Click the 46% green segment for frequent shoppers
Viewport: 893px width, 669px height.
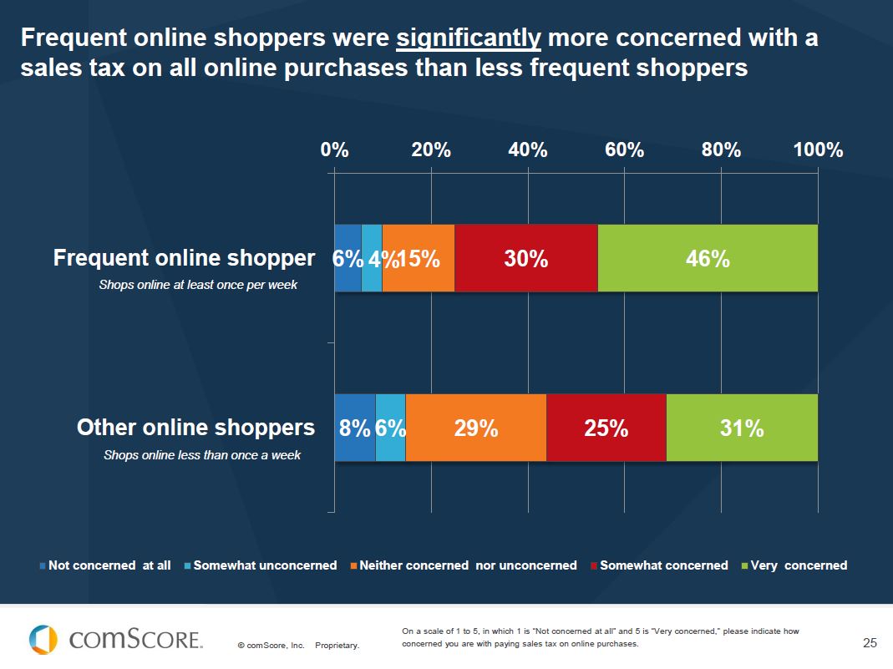click(x=708, y=259)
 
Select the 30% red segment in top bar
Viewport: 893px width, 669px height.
click(x=526, y=259)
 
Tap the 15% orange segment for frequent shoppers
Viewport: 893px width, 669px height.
click(x=419, y=259)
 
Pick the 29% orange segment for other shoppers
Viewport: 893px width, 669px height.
click(x=476, y=428)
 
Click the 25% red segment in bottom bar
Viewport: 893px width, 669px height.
click(x=606, y=428)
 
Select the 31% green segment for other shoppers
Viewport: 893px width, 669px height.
click(x=742, y=428)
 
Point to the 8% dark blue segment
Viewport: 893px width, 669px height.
click(x=354, y=428)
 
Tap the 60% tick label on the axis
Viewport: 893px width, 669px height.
click(x=624, y=150)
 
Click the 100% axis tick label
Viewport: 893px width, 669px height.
click(x=818, y=150)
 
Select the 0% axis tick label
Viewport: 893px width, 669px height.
click(x=334, y=150)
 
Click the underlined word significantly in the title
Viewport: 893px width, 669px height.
click(x=469, y=38)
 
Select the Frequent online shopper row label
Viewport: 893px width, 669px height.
click(x=184, y=258)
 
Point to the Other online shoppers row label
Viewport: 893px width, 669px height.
click(x=195, y=428)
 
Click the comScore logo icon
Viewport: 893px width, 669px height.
click(x=43, y=640)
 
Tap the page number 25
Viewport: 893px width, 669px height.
click(x=870, y=642)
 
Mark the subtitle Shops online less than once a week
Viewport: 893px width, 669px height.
click(x=201, y=455)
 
